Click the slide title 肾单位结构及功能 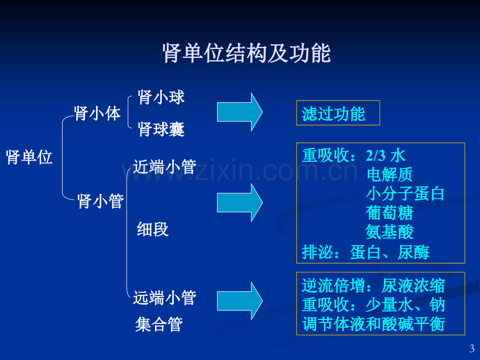pos(246,53)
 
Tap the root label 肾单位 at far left pos(29,158)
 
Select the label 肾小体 pos(98,114)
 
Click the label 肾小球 pos(161,98)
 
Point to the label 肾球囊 pos(161,129)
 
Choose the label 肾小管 pos(100,201)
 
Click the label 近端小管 pos(165,167)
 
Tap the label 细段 pos(153,229)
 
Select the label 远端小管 pos(165,297)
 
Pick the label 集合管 pos(159,325)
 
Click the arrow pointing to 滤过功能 pos(240,112)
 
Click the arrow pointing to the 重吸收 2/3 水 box pos(240,202)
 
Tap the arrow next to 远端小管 pos(240,301)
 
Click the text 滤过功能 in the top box pos(333,114)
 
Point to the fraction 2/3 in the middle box pos(376,155)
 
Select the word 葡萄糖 pos(389,213)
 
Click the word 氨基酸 pos(389,232)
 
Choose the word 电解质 pos(389,174)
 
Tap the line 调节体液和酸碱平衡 pos(374,324)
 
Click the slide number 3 pos(472,349)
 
